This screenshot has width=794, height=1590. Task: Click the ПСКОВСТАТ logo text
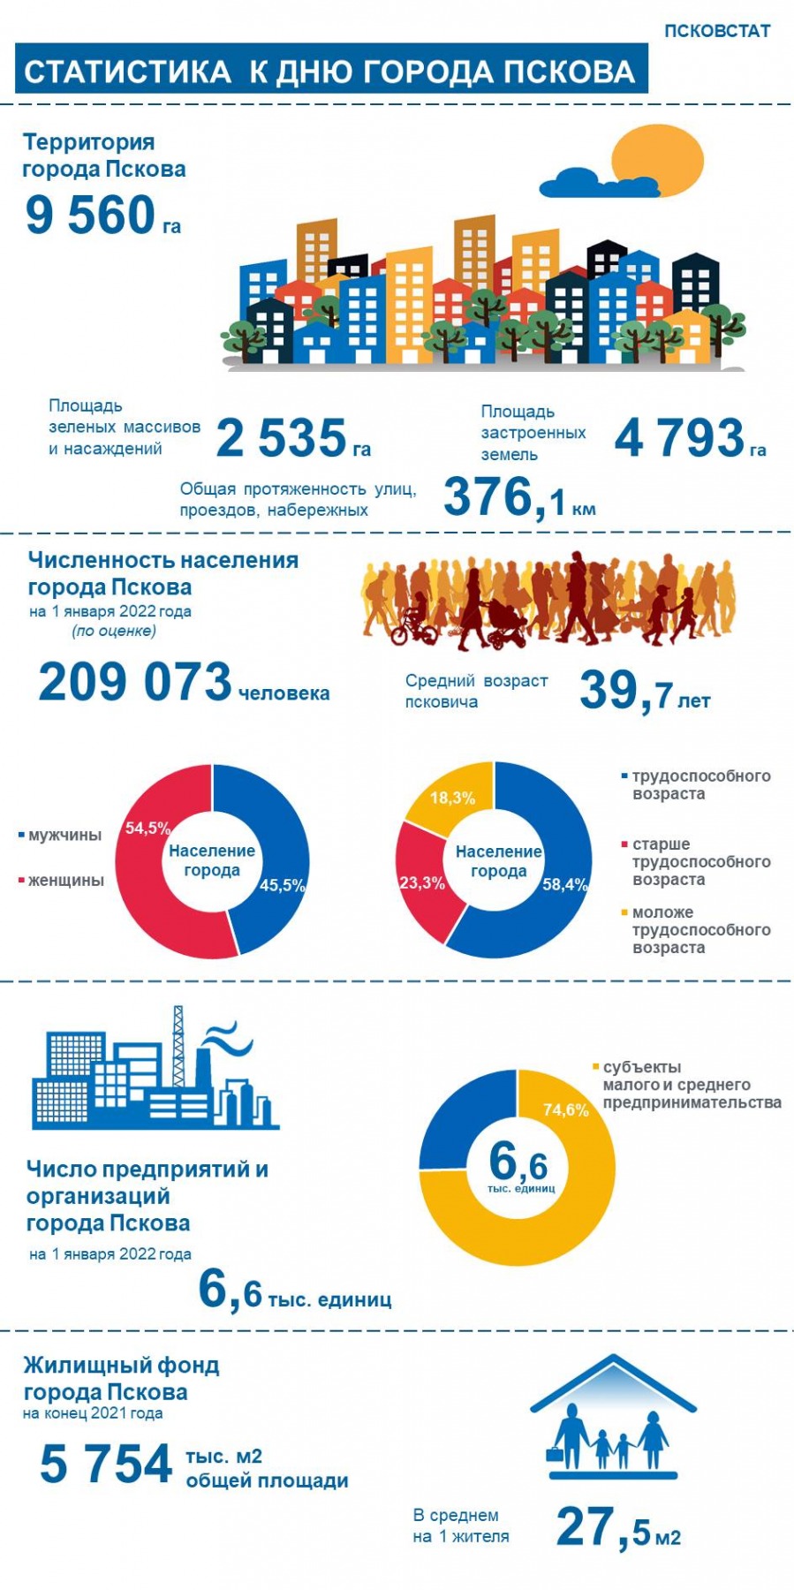click(716, 31)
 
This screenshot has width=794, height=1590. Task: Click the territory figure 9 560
click(90, 216)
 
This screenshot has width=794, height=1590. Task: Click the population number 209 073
click(135, 683)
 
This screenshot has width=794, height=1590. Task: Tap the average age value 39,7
click(626, 691)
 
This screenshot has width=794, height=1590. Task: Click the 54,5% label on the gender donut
click(147, 829)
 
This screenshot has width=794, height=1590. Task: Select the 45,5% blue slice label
click(282, 886)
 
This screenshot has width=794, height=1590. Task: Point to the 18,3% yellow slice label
click(452, 799)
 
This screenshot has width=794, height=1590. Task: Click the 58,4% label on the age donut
click(564, 885)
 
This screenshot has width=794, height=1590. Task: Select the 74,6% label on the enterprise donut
click(565, 1110)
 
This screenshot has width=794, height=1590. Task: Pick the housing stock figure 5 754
click(106, 1465)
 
